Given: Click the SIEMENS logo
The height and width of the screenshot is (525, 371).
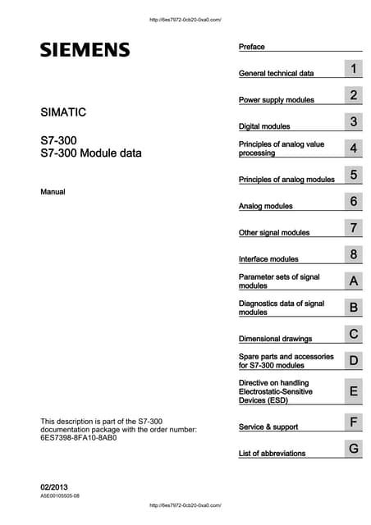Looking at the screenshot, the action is [x=85, y=50].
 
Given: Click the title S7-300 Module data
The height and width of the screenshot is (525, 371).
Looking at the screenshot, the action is [x=90, y=153].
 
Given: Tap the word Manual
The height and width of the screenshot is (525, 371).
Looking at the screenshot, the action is [x=53, y=192].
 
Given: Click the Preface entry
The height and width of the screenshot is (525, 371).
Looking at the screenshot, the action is [x=251, y=47].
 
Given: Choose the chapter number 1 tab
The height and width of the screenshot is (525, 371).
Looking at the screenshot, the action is [x=353, y=69].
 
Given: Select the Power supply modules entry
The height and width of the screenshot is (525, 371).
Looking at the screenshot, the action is [x=276, y=100].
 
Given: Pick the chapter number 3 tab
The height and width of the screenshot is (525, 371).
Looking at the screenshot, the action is [x=353, y=122].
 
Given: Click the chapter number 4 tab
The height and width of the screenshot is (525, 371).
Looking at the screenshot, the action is [x=353, y=148].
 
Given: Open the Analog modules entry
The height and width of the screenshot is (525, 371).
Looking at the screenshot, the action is [x=265, y=206].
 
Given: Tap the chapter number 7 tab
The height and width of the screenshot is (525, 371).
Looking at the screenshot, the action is [x=353, y=228].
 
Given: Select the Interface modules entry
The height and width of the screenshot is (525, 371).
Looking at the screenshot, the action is [x=268, y=259].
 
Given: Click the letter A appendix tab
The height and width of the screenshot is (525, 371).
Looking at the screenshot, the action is [x=353, y=281].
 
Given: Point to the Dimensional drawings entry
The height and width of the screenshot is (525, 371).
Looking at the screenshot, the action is [x=275, y=339].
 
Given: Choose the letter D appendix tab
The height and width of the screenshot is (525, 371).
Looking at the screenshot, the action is [x=353, y=361].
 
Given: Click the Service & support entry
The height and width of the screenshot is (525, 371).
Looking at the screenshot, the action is [x=268, y=427].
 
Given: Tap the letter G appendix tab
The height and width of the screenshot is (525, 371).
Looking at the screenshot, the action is [x=353, y=449].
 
